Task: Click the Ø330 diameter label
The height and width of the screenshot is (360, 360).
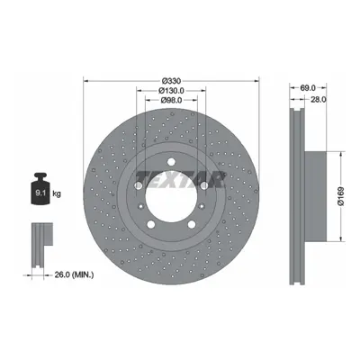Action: pos(171,81)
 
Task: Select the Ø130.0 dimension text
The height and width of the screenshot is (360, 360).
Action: pos(171,90)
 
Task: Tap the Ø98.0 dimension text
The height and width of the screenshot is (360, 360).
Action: pos(171,100)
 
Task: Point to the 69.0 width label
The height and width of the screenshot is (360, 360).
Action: pos(308,88)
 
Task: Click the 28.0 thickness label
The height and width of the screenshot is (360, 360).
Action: pos(319,100)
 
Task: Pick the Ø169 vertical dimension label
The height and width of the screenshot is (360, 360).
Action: pos(341,196)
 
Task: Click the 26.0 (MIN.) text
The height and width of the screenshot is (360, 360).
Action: pos(74,274)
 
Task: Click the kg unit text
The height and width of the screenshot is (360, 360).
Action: pos(57,193)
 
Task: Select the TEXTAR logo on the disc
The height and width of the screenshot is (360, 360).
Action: pos(181,179)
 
